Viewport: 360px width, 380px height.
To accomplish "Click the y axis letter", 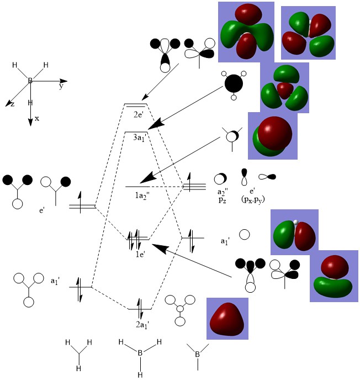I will pyautogui.click(x=61, y=87).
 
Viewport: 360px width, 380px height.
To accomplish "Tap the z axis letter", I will pyautogui.click(x=12, y=104).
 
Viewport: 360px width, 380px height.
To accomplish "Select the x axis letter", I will pyautogui.click(x=37, y=118).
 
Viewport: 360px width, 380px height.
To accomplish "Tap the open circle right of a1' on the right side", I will pyautogui.click(x=245, y=235).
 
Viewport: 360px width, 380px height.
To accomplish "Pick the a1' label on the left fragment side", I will pyautogui.click(x=55, y=281).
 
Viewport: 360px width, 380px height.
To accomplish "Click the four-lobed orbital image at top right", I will pyautogui.click(x=308, y=33).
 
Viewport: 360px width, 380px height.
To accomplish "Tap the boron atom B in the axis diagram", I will pyautogui.click(x=30, y=81).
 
